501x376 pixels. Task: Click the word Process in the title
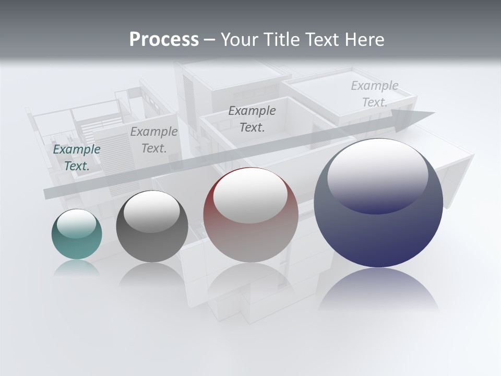coord(164,40)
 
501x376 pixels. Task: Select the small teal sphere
coord(77,234)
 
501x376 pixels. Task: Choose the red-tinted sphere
coord(250,215)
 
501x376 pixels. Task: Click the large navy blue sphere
coord(378,204)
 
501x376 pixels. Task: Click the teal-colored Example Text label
coord(77,158)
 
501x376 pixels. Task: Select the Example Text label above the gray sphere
coord(154,140)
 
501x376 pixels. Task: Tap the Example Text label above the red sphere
coord(252,119)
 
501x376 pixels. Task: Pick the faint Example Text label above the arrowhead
coord(375,94)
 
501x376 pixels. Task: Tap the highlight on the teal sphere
coord(77,224)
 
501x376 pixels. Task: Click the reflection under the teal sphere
coord(77,267)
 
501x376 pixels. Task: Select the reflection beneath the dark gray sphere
coord(151,274)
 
